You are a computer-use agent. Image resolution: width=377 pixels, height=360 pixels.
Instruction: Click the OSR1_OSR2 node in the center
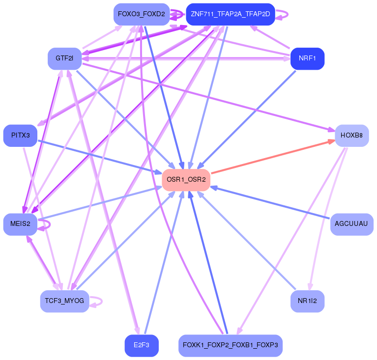coord(186,180)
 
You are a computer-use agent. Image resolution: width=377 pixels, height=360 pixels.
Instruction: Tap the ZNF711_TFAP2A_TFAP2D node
coord(230,14)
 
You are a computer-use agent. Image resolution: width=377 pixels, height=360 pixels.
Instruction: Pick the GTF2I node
coord(64,58)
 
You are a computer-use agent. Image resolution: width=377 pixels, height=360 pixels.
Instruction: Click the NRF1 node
coord(307,58)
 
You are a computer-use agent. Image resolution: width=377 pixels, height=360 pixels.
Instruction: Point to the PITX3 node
coord(21,135)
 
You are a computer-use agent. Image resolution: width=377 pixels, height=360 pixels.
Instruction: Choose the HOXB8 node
coord(351,135)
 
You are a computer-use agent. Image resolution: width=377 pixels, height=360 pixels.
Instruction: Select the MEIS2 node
coord(21,224)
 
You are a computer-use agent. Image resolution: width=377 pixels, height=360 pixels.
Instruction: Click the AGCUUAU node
coord(351,224)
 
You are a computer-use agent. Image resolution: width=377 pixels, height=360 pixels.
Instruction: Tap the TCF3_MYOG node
coord(64,301)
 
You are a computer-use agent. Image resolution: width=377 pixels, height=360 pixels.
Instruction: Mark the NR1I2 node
coord(307,301)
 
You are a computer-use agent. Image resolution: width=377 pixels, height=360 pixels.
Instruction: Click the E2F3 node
coord(141,345)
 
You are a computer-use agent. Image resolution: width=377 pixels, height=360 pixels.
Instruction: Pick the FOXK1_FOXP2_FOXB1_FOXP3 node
coord(230,345)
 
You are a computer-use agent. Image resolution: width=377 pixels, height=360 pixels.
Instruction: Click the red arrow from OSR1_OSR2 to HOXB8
coord(270,157)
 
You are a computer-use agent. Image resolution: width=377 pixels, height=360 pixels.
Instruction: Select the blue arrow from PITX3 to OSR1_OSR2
coord(98,157)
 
